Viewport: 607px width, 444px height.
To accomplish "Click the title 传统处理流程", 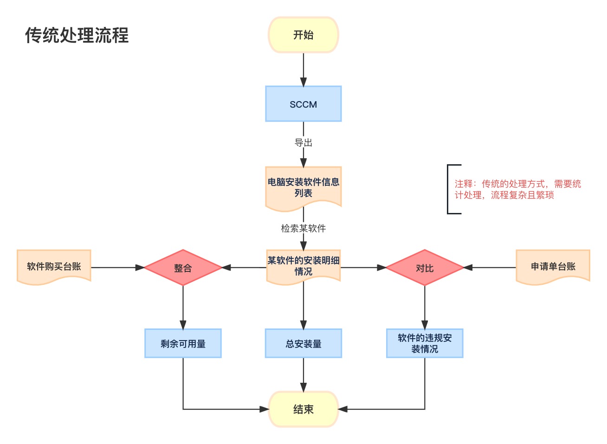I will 77,35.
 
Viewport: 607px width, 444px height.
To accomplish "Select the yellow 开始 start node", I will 303,35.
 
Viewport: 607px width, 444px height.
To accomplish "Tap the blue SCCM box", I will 303,104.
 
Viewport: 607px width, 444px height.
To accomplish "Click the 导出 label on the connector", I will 303,143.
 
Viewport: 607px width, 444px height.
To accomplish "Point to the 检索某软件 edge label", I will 303,228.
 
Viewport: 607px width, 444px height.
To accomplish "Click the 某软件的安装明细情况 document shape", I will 303,266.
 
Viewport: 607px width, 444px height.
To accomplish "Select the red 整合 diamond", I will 183,268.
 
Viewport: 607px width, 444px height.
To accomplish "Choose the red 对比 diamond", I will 424,268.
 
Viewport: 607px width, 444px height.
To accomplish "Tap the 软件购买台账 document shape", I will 54,266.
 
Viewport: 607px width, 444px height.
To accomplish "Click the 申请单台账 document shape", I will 553,266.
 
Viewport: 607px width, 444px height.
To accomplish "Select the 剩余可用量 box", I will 183,343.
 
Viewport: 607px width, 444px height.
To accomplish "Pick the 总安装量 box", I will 303,343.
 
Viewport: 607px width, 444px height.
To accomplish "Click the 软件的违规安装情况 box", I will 424,343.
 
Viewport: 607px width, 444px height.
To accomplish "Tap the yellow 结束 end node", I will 303,409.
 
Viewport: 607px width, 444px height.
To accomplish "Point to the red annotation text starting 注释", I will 517,189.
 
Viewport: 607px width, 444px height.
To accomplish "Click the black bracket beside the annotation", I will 449,189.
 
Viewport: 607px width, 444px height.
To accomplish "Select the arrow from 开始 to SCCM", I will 303,70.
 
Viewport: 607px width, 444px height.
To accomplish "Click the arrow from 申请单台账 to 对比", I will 490,268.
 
